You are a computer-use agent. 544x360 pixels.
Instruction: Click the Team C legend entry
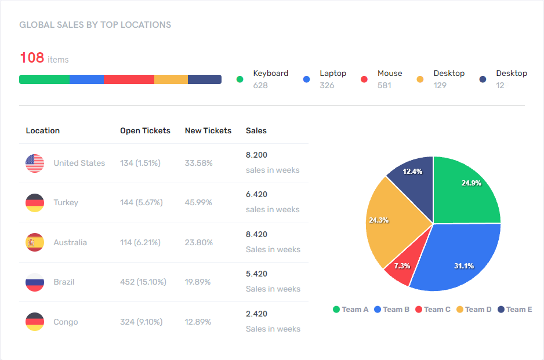[433, 310]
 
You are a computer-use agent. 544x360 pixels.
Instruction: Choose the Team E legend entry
[514, 310]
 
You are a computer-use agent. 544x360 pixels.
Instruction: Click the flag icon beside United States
[35, 163]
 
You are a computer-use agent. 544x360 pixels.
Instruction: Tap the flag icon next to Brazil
[35, 282]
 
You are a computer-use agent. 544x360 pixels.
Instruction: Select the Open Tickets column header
[145, 131]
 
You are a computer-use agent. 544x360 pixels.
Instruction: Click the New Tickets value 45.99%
[198, 203]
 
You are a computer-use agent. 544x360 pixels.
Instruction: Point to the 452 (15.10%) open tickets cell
[143, 282]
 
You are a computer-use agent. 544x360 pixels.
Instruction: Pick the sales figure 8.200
[256, 155]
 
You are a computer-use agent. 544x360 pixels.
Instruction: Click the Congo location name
[66, 322]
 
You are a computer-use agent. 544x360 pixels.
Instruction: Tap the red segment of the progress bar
[129, 79]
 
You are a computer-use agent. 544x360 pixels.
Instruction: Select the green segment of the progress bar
[44, 79]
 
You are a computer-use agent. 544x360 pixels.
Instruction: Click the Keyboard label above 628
[270, 74]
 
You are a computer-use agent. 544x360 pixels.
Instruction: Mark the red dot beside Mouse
[364, 79]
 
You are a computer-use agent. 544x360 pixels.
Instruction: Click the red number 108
[32, 58]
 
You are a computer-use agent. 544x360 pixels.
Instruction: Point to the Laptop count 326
[327, 86]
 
